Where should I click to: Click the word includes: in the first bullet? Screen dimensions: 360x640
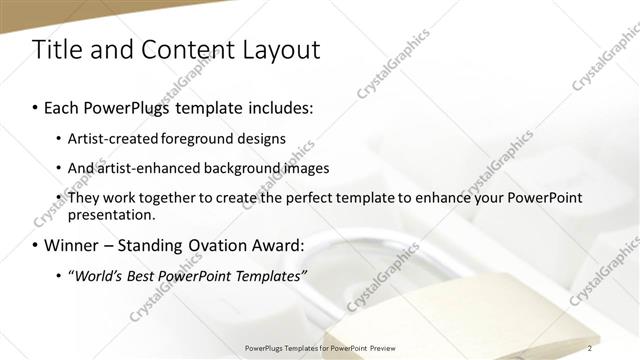[x=279, y=105]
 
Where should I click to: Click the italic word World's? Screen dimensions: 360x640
[x=98, y=275]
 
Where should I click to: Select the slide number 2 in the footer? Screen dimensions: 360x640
[x=591, y=348]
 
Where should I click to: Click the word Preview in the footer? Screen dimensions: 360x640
[x=376, y=348]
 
